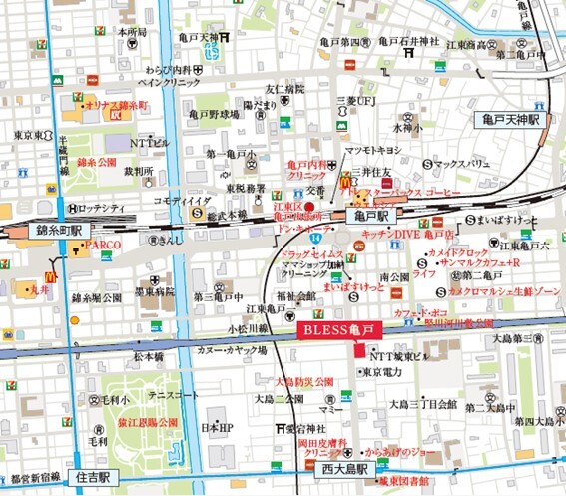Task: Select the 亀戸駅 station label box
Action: tap(371, 215)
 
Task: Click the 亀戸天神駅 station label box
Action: tap(505, 118)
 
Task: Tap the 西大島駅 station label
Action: tap(343, 467)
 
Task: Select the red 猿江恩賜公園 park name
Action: tap(138, 422)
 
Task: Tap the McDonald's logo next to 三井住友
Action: tap(346, 183)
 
